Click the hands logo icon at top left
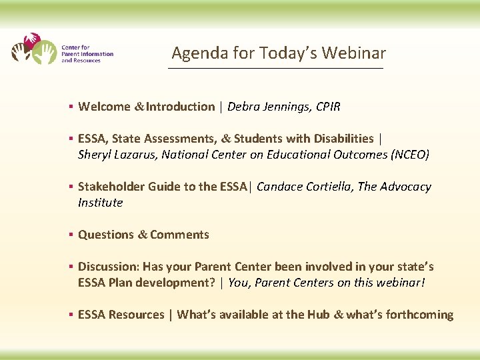(34, 49)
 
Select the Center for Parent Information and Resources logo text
(87, 54)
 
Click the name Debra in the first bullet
(245, 107)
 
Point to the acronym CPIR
(328, 107)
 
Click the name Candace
(280, 187)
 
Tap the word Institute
(101, 203)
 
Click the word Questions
(106, 235)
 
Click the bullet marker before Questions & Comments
(70, 235)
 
